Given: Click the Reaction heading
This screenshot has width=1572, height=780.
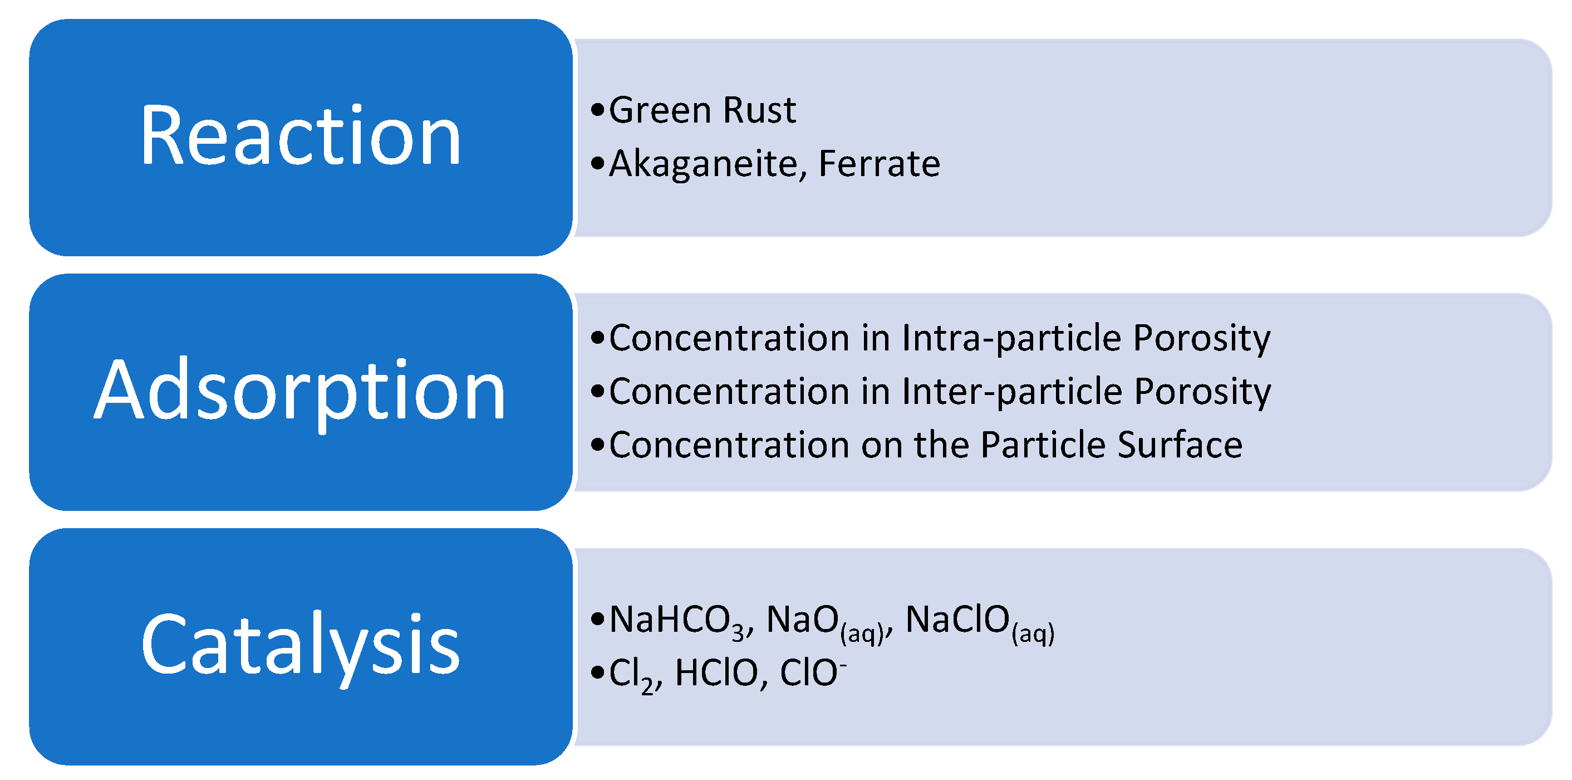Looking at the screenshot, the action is [300, 135].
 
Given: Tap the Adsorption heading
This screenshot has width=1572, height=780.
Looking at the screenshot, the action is [300, 391].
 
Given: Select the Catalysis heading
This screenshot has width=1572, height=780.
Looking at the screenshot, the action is [300, 646].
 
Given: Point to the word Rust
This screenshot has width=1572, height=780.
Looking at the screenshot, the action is [759, 110].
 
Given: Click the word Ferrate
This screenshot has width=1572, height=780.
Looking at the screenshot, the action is [880, 164].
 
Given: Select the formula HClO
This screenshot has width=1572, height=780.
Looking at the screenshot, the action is [716, 673].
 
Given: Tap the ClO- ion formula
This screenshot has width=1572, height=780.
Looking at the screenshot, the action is [813, 673].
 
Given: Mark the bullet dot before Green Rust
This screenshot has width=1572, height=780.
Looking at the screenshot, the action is [597, 110].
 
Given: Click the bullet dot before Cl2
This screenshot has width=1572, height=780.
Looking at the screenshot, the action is [597, 673].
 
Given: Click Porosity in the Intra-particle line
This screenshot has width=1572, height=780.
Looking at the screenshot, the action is [1202, 338].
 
